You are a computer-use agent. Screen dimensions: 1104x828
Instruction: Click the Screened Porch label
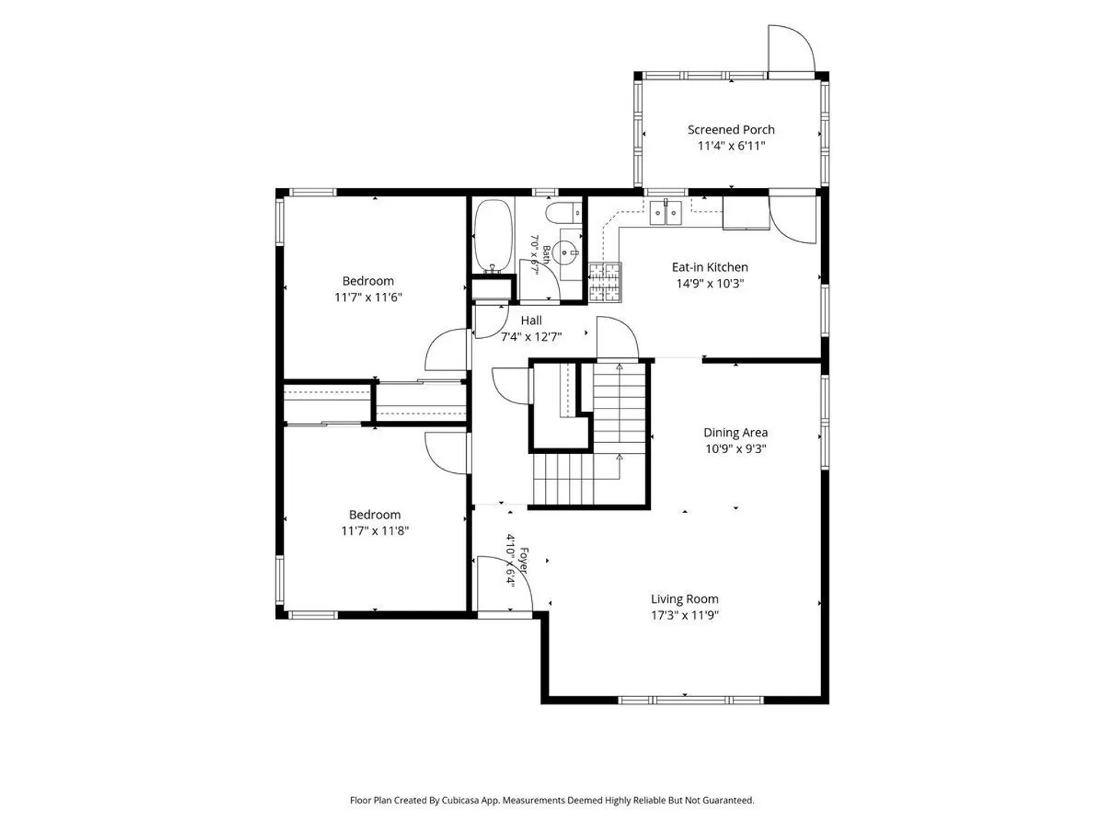pyautogui.click(x=731, y=130)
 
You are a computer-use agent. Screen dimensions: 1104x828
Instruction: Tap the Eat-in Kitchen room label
pyautogui.click(x=710, y=267)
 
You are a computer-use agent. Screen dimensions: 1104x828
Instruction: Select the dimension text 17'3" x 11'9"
pyautogui.click(x=685, y=615)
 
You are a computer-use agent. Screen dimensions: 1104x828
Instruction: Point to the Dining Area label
pyautogui.click(x=735, y=432)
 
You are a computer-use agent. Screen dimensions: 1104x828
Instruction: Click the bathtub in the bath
pyautogui.click(x=494, y=235)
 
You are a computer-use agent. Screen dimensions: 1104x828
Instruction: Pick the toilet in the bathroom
pyautogui.click(x=563, y=213)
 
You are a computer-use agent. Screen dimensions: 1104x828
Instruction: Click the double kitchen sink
pyautogui.click(x=665, y=212)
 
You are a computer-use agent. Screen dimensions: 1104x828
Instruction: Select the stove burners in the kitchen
pyautogui.click(x=605, y=282)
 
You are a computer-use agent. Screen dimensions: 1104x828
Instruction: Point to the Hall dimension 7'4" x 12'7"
pyautogui.click(x=531, y=337)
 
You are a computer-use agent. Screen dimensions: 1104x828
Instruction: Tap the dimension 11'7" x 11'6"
pyautogui.click(x=368, y=297)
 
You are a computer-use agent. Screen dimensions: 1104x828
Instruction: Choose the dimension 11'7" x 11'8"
pyautogui.click(x=375, y=531)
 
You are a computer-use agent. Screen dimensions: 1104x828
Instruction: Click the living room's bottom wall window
pyautogui.click(x=691, y=700)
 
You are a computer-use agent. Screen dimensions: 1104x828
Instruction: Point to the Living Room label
pyautogui.click(x=685, y=599)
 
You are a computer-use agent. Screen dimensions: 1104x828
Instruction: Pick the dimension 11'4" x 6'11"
pyautogui.click(x=731, y=146)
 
